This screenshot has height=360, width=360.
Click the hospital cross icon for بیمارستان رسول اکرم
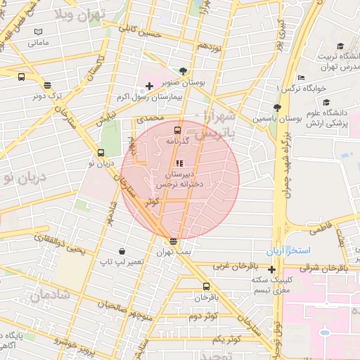pos(148,86)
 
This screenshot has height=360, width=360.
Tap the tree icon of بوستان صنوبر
pos(184,71)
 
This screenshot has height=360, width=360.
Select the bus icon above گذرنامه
pos(176,130)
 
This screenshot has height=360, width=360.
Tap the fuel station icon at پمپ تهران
pos(173,241)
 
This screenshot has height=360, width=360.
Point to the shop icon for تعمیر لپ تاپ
pos(122,250)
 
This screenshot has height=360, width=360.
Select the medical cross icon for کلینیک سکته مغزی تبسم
pos(272,269)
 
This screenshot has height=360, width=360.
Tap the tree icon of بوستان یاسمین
pos(277,108)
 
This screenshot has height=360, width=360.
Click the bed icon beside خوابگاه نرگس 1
pos(301,77)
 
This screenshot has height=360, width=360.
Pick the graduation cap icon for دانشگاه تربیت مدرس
pos(340,46)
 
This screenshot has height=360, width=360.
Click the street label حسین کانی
pos(140,32)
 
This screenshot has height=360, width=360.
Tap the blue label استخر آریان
pos(283,251)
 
